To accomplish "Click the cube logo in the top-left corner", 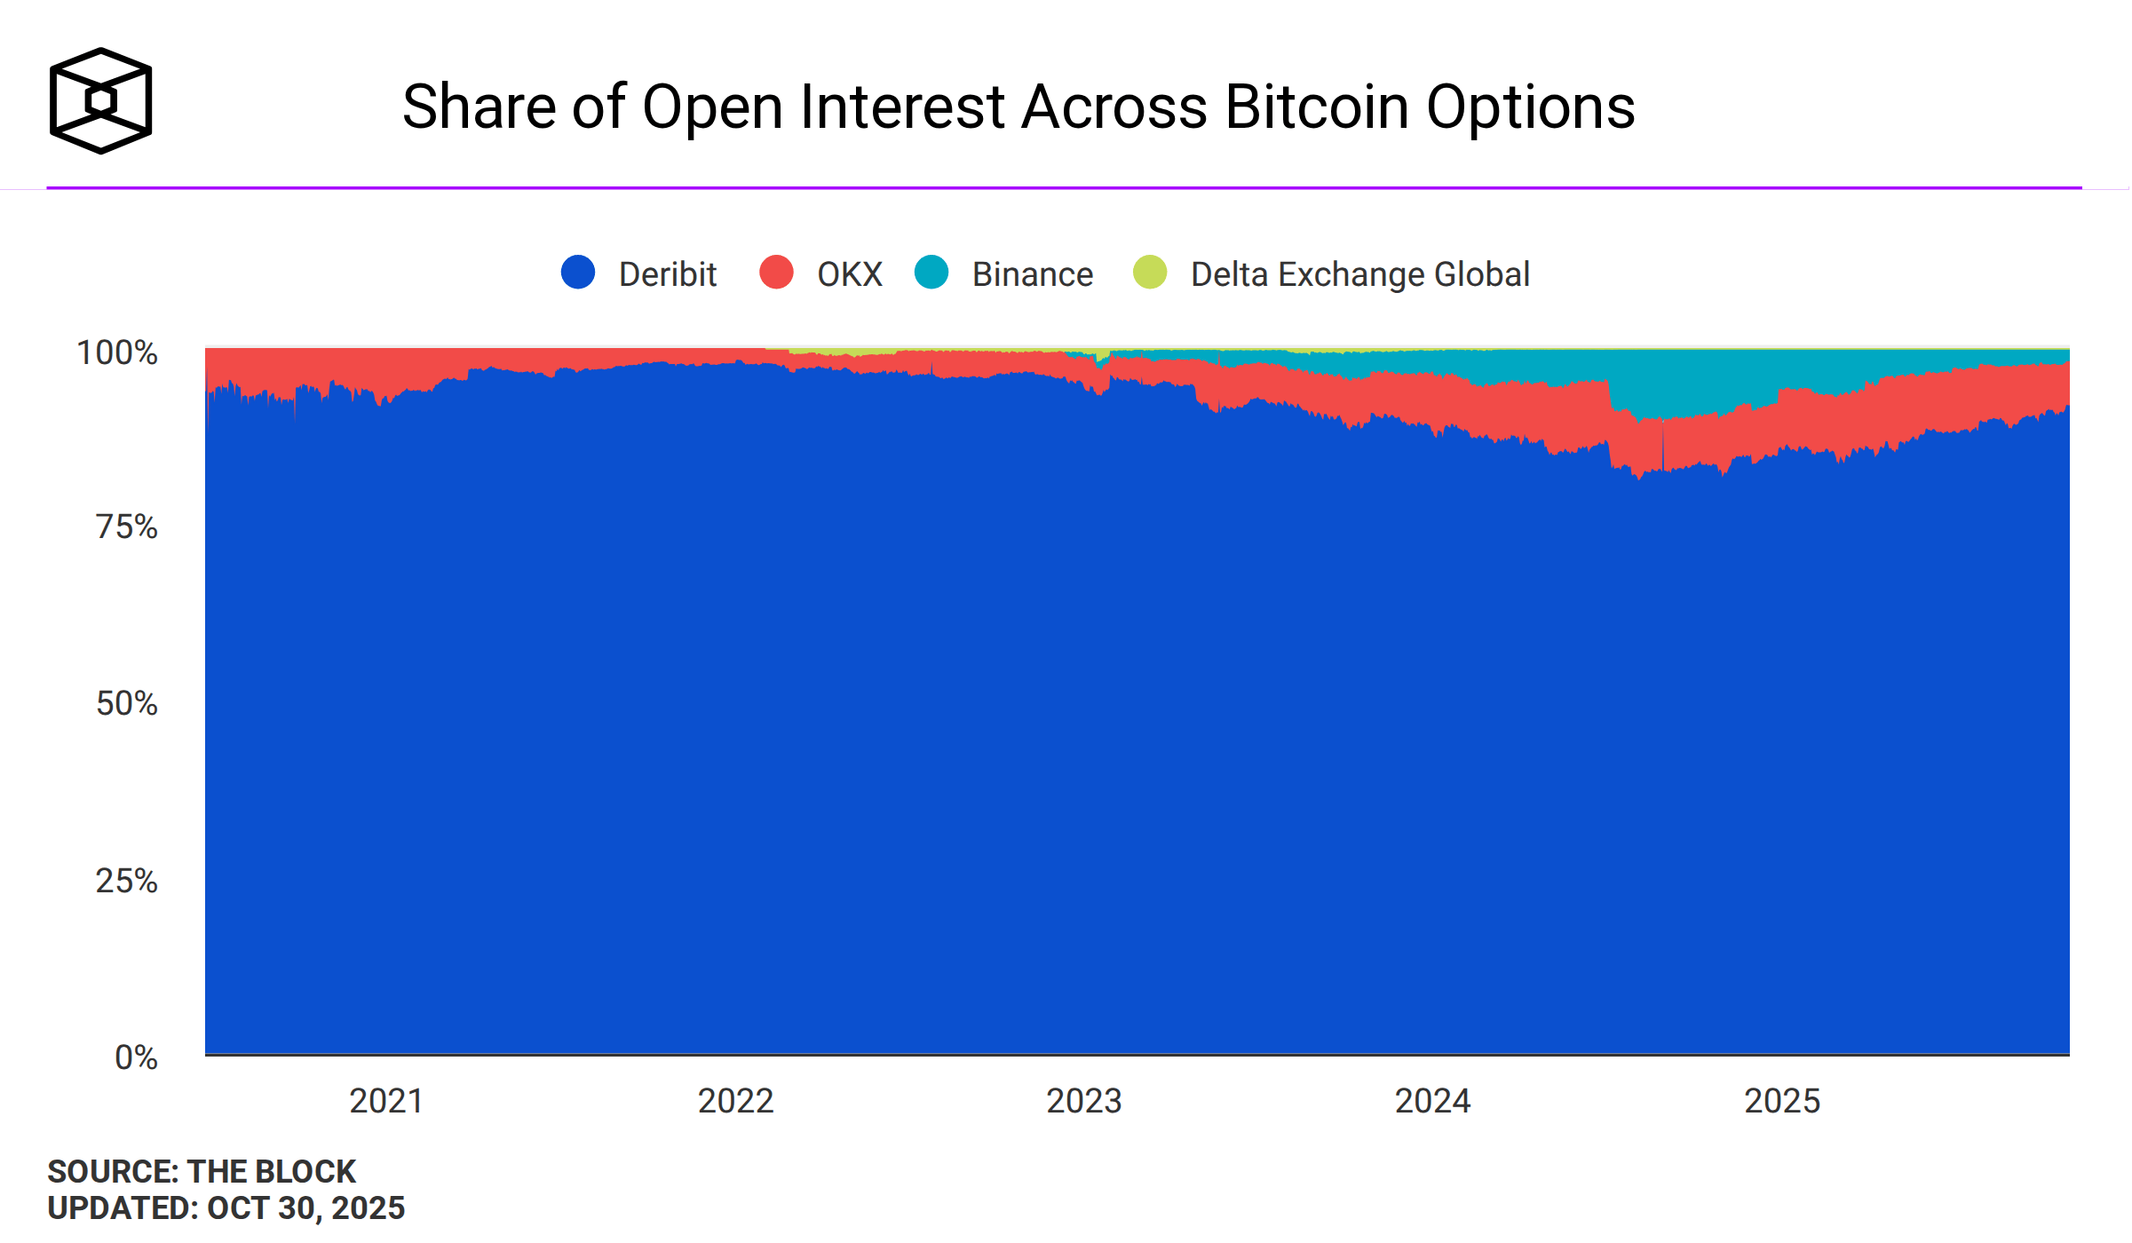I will pyautogui.click(x=100, y=100).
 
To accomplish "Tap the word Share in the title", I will pyautogui.click(x=479, y=107).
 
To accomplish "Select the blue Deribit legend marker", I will pyautogui.click(x=578, y=272).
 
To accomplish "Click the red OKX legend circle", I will pyautogui.click(x=776, y=272).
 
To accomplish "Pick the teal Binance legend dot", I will pyautogui.click(x=931, y=272).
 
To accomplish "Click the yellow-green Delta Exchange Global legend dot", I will pyautogui.click(x=1150, y=272).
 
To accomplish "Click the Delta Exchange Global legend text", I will pyautogui.click(x=1359, y=274).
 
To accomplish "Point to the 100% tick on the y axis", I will pyautogui.click(x=117, y=353).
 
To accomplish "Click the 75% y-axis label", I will pyautogui.click(x=126, y=527).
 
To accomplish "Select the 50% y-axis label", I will pyautogui.click(x=126, y=704).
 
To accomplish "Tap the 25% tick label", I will pyautogui.click(x=126, y=881).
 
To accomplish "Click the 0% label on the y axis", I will pyautogui.click(x=136, y=1057).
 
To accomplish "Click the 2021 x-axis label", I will pyautogui.click(x=386, y=1101).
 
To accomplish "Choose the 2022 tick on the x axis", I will pyautogui.click(x=735, y=1101).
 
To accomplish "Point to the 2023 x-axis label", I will pyautogui.click(x=1083, y=1101).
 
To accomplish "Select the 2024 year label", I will pyautogui.click(x=1432, y=1101).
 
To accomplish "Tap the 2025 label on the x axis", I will pyautogui.click(x=1782, y=1101).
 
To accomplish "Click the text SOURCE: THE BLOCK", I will pyautogui.click(x=202, y=1172).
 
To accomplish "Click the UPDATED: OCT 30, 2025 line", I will pyautogui.click(x=226, y=1208).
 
